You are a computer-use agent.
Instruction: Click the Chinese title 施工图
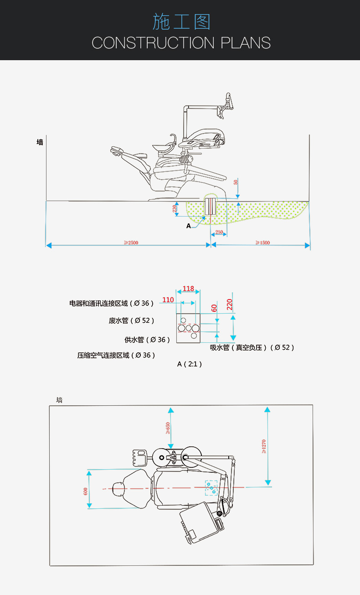[181, 22]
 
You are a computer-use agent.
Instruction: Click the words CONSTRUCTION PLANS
[181, 43]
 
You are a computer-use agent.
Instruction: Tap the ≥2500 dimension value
[131, 243]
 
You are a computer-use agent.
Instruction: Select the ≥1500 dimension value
[262, 243]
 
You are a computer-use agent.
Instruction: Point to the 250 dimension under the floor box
[219, 233]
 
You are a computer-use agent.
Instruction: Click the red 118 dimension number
[188, 289]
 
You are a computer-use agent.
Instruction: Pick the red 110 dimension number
[168, 300]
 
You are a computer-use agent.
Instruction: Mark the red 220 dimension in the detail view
[230, 304]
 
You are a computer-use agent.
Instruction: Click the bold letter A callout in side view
[188, 226]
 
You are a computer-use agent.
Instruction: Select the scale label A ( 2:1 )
[189, 364]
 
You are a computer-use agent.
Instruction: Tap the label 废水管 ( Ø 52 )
[131, 321]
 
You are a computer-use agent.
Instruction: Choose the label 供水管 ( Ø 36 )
[147, 340]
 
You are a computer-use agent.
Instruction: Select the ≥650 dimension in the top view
[168, 428]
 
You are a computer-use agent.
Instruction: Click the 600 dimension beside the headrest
[85, 491]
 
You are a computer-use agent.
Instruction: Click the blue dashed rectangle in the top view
[211, 488]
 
